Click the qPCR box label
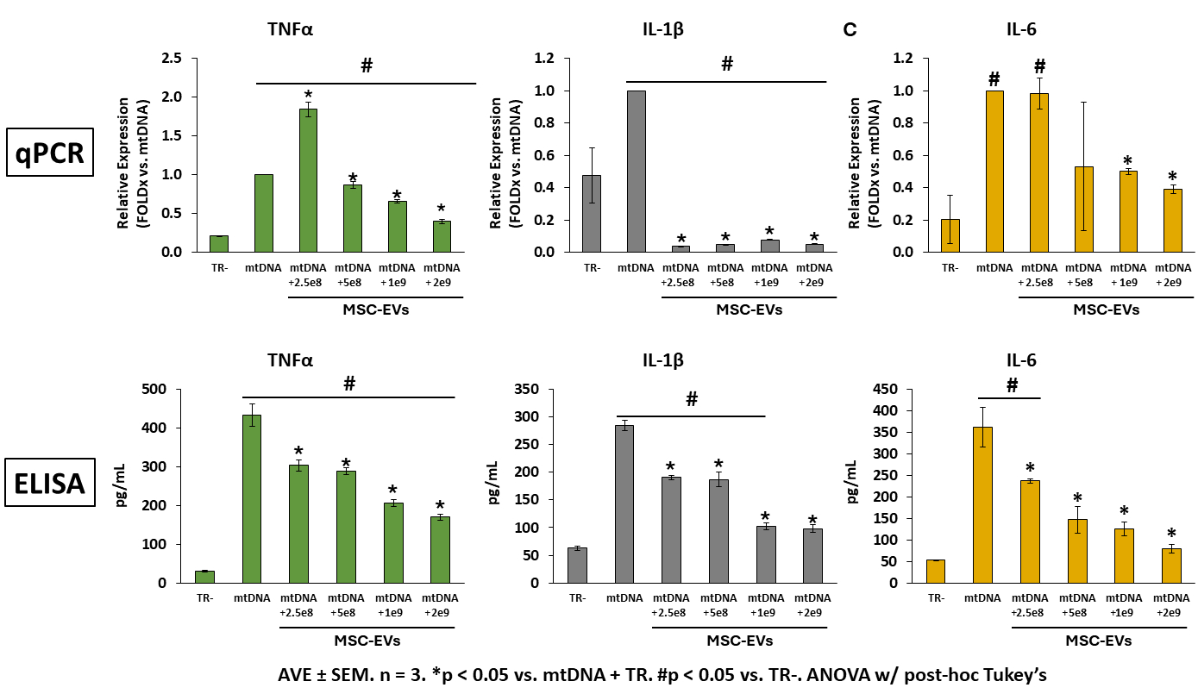(x=51, y=152)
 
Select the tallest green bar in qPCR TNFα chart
(x=308, y=180)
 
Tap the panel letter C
(x=850, y=30)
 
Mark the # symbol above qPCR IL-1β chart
(x=726, y=64)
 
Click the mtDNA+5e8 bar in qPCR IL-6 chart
(x=1084, y=209)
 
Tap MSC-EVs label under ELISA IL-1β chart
(x=740, y=641)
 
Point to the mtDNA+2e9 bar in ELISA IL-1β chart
(x=813, y=555)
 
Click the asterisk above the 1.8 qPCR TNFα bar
(x=308, y=94)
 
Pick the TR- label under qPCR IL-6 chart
(x=950, y=267)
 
